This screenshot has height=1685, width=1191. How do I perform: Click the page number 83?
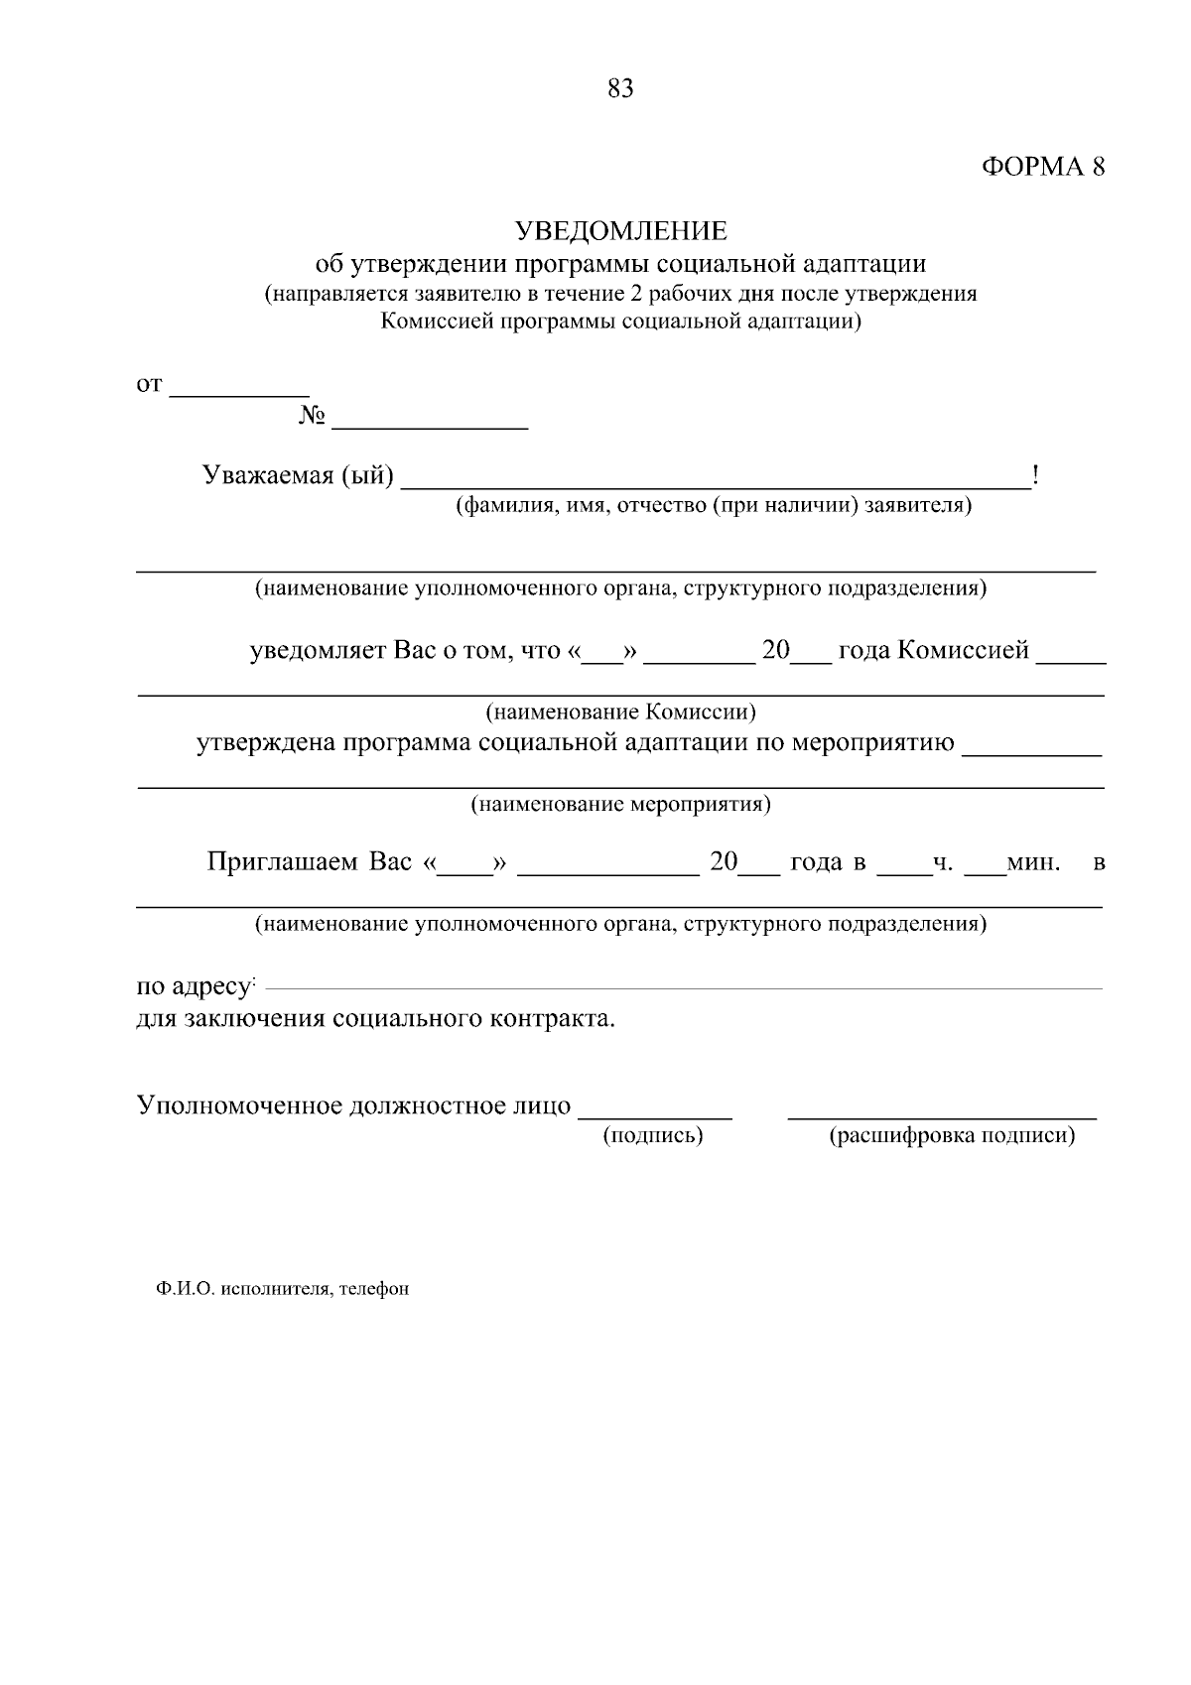pyautogui.click(x=620, y=89)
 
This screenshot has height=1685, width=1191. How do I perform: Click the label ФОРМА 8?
pyautogui.click(x=1042, y=167)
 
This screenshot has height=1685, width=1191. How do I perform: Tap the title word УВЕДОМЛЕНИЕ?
pyautogui.click(x=620, y=231)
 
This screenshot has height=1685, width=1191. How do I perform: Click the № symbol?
pyautogui.click(x=312, y=416)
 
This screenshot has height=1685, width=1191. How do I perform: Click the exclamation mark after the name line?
pyautogui.click(x=1035, y=476)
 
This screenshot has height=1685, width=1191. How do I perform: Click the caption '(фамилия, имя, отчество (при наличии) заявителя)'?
pyautogui.click(x=713, y=506)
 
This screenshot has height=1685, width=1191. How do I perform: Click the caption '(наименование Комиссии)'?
pyautogui.click(x=620, y=713)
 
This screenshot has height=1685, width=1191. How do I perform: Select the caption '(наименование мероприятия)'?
pyautogui.click(x=620, y=804)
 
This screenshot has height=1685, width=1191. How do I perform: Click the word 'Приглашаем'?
pyautogui.click(x=282, y=861)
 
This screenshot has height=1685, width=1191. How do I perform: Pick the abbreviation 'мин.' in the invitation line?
pyautogui.click(x=1033, y=862)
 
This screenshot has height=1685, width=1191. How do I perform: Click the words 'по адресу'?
pyautogui.click(x=193, y=987)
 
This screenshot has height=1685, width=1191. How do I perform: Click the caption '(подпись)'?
pyautogui.click(x=653, y=1135)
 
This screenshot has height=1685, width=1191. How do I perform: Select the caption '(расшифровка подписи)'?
pyautogui.click(x=951, y=1135)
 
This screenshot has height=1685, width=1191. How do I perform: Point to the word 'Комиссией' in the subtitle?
pyautogui.click(x=440, y=322)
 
